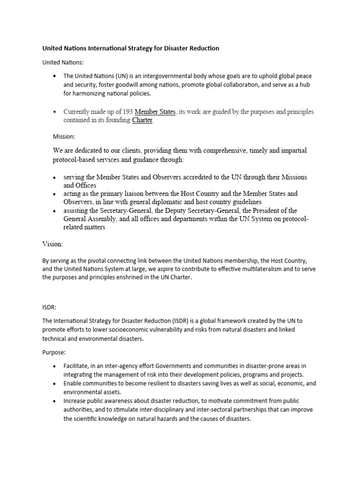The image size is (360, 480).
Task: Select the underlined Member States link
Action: point(155,112)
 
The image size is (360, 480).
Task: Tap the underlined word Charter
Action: point(142,120)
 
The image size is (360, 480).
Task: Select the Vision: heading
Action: point(52,244)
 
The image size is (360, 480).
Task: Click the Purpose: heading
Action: point(55,352)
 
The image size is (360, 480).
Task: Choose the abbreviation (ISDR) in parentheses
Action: point(177,321)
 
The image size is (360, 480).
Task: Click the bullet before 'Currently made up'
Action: point(55,112)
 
